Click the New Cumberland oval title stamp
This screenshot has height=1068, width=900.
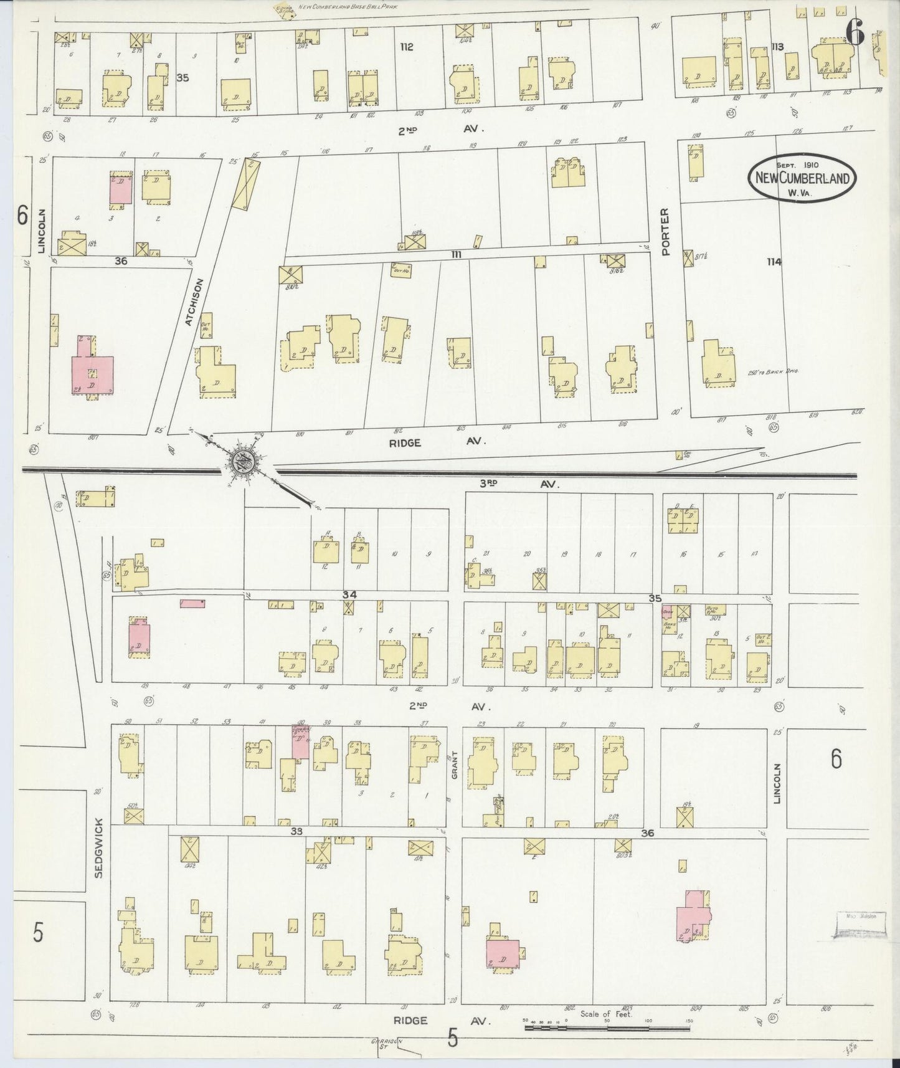point(802,178)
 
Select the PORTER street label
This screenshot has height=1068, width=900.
point(666,232)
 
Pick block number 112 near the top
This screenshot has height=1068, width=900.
point(407,47)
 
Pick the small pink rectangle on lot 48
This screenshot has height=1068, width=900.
point(193,603)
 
